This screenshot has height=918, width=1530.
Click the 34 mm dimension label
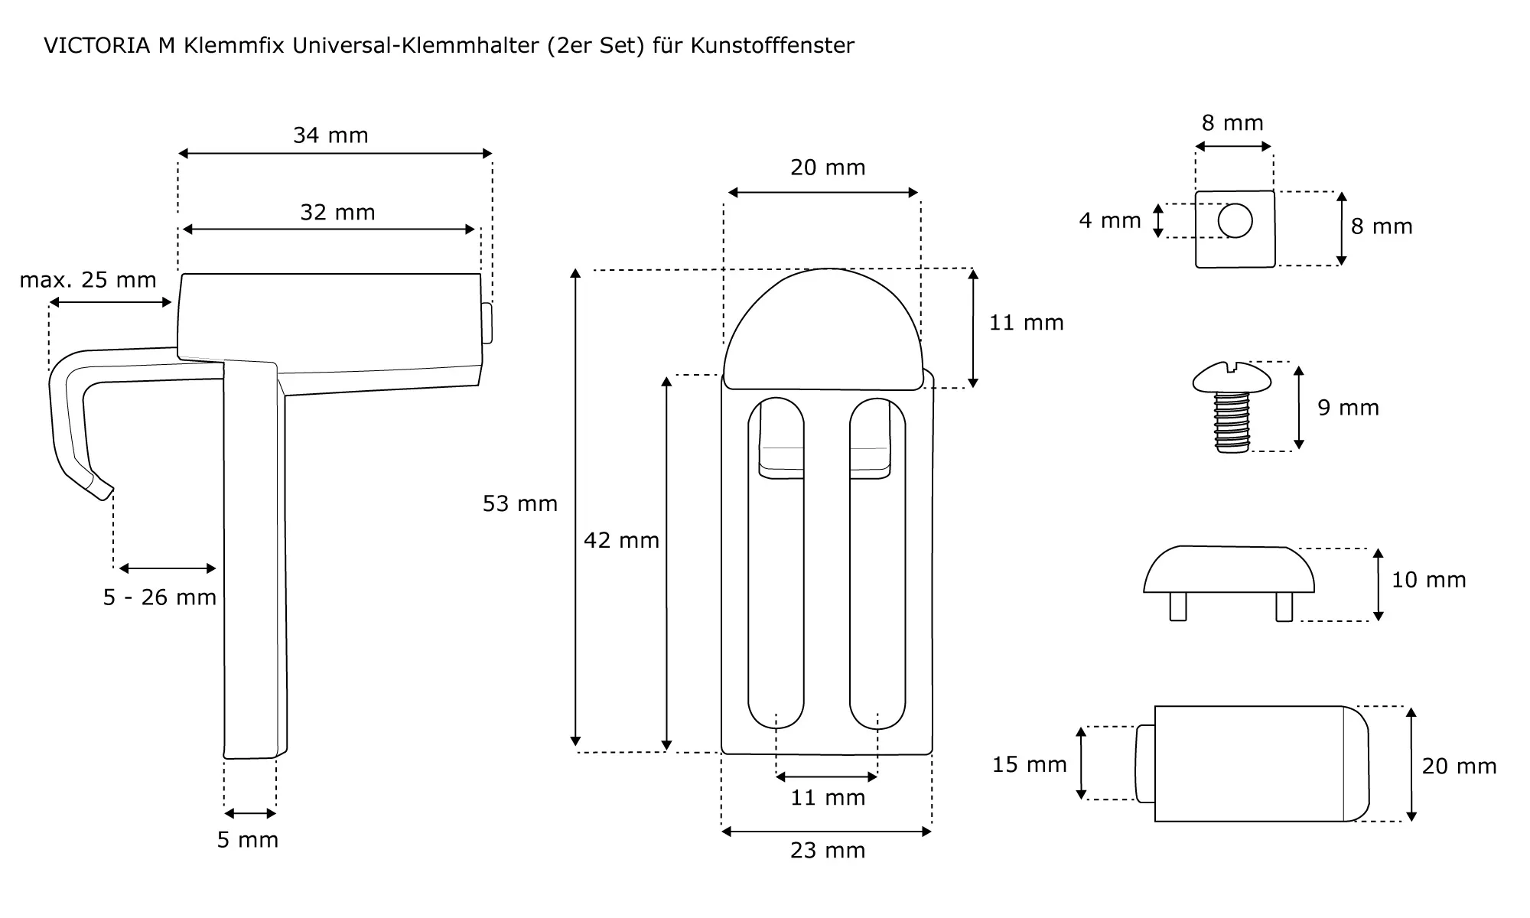(330, 135)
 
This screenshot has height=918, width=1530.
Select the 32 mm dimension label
(337, 212)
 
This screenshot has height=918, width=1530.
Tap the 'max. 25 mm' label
(88, 280)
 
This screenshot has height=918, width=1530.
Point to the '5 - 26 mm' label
(160, 597)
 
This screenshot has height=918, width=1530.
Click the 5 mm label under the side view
(248, 840)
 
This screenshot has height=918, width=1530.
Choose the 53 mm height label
(520, 503)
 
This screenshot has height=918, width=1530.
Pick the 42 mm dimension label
(621, 540)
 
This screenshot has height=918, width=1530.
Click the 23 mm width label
(828, 851)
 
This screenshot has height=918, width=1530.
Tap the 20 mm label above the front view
(828, 167)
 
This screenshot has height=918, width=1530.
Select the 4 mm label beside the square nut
(1110, 220)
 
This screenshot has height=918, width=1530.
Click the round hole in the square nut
(1235, 221)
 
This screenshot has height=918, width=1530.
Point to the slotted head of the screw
(1231, 377)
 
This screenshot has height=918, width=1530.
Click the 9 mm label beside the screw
(1348, 408)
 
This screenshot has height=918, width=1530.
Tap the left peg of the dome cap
(1178, 607)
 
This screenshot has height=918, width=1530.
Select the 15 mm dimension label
(1029, 764)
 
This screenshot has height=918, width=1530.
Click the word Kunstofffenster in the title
(772, 46)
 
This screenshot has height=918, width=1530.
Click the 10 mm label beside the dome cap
(1428, 580)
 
